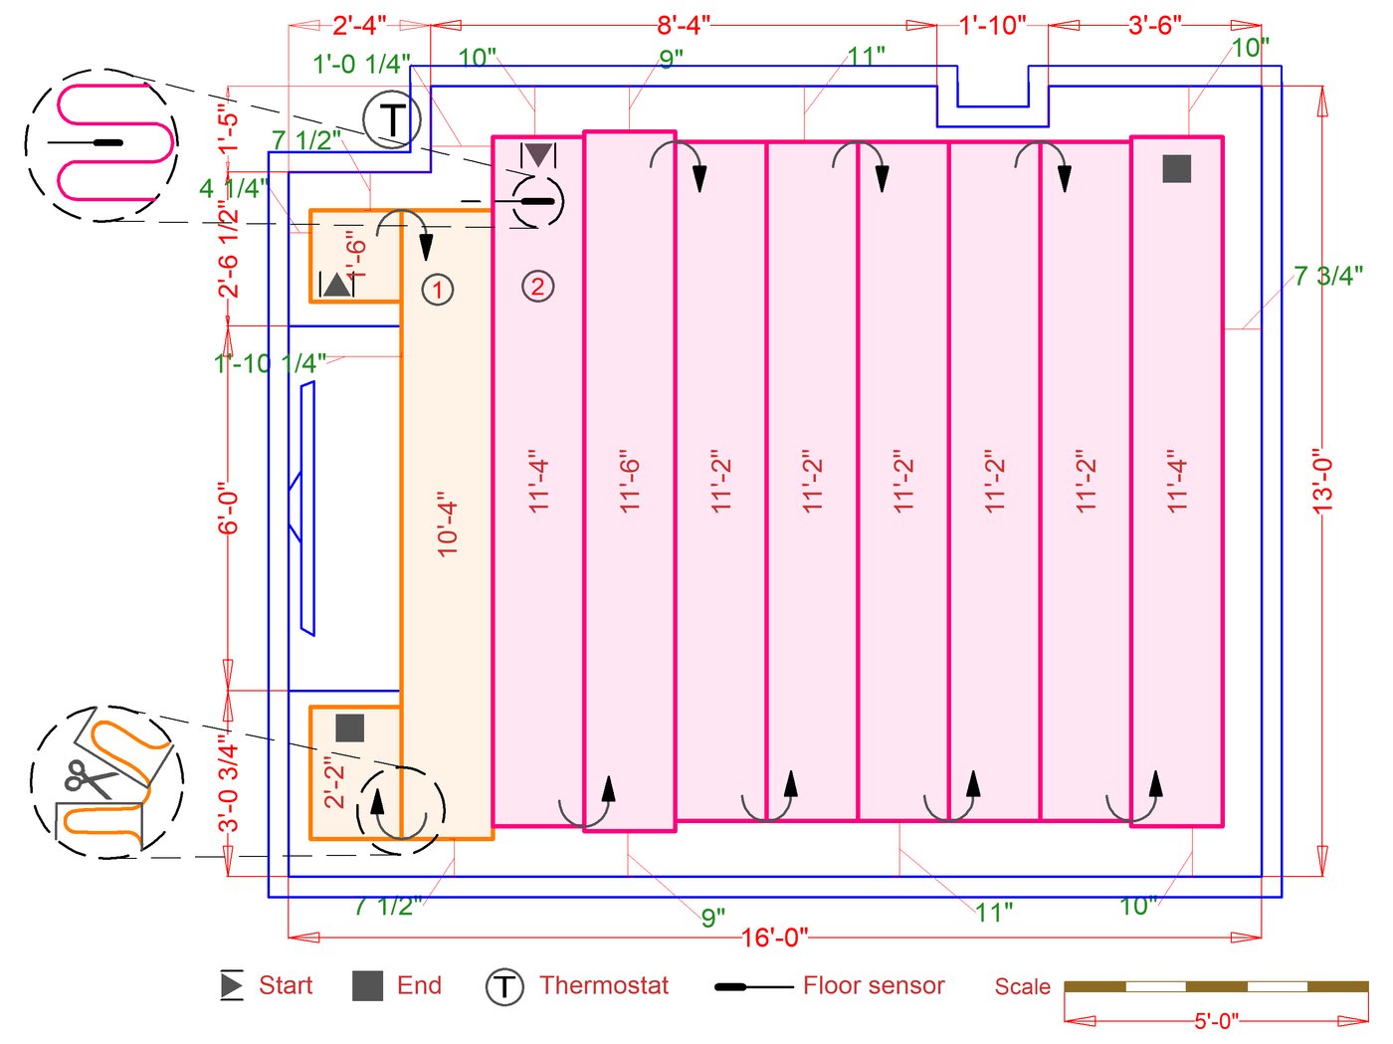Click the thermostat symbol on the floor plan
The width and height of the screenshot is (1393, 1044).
pyautogui.click(x=392, y=120)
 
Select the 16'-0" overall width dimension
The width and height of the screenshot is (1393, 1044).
pyautogui.click(x=774, y=938)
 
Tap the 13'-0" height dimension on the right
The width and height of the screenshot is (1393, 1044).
pyautogui.click(x=1322, y=480)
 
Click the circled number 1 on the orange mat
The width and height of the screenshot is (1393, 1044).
pyautogui.click(x=438, y=290)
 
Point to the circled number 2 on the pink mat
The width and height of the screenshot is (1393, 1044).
pyautogui.click(x=537, y=287)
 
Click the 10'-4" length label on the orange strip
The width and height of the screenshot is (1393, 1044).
pyautogui.click(x=447, y=522)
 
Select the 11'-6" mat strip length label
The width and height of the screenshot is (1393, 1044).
pyautogui.click(x=629, y=486)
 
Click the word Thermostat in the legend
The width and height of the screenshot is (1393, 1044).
pyautogui.click(x=604, y=985)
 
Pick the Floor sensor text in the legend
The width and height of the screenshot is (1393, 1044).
pyautogui.click(x=874, y=985)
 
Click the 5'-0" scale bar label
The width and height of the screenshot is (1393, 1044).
pyautogui.click(x=1216, y=1021)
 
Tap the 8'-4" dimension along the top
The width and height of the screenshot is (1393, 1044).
pyautogui.click(x=683, y=25)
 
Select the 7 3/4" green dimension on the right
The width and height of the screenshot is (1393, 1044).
pyautogui.click(x=1327, y=276)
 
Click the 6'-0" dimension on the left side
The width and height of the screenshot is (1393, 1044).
pyautogui.click(x=229, y=510)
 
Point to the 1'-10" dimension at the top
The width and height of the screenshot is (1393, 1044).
pyautogui.click(x=992, y=25)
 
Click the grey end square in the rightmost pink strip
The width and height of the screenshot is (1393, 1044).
pyautogui.click(x=1176, y=168)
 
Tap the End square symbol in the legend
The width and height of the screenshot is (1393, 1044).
pyautogui.click(x=368, y=986)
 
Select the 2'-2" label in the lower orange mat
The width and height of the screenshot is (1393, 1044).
pyautogui.click(x=334, y=781)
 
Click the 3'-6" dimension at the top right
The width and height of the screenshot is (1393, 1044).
pyautogui.click(x=1154, y=25)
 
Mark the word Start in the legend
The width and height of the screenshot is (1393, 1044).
pyautogui.click(x=286, y=985)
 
